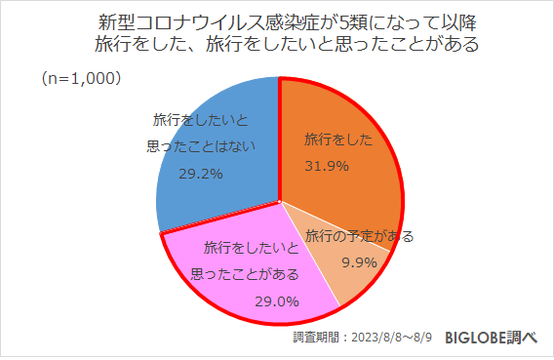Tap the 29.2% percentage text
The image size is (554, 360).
coord(201,174)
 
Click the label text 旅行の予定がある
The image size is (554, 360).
coord(359,236)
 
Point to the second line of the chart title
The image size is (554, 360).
coord(276,44)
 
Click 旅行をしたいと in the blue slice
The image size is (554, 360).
coord(201,120)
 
